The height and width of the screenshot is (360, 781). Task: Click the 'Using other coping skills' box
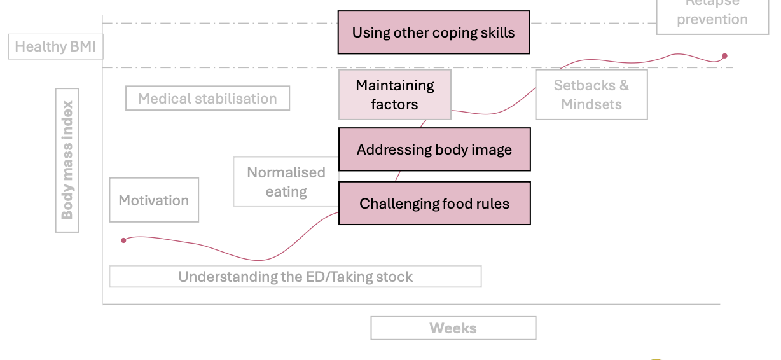(x=433, y=32)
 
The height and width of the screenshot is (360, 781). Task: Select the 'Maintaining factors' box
(x=394, y=95)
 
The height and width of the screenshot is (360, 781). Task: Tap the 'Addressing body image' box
(x=434, y=150)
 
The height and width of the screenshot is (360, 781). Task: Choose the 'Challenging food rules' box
(x=434, y=204)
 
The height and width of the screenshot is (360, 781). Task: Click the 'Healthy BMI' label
(x=55, y=47)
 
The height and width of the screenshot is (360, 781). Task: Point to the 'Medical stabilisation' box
(x=207, y=99)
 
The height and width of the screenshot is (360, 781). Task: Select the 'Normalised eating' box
(x=286, y=182)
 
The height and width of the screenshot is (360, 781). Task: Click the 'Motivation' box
(x=154, y=200)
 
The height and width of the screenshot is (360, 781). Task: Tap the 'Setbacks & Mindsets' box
(x=591, y=95)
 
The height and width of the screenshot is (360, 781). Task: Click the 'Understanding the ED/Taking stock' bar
(x=295, y=277)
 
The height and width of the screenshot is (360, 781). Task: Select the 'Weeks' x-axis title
(x=453, y=328)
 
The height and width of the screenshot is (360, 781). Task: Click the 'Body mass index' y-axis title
(x=67, y=160)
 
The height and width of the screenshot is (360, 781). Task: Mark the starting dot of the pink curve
(x=123, y=240)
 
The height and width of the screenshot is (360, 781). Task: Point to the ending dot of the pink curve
(x=724, y=56)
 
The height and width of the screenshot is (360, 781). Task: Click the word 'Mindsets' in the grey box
(x=591, y=104)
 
